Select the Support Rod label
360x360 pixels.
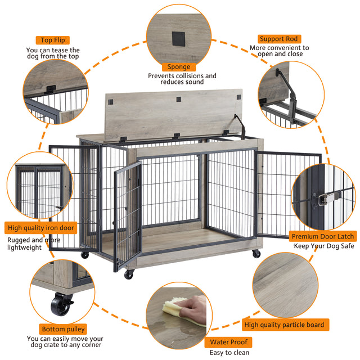[x=279, y=39]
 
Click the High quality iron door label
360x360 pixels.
[x=41, y=228]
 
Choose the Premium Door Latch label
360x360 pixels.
[x=322, y=237]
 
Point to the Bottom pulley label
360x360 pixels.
[x=64, y=329]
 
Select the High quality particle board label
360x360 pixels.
[x=285, y=325]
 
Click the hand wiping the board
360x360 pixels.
[x=194, y=308]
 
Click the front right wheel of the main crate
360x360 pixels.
[x=256, y=254]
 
